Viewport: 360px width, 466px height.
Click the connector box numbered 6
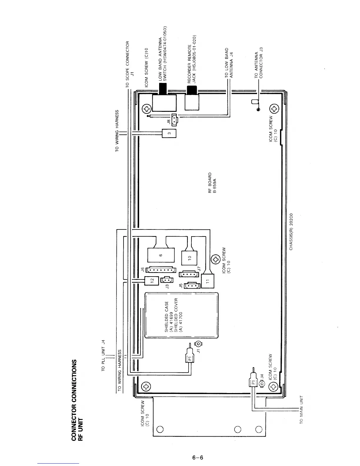[x=161, y=255]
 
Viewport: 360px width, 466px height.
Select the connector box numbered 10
[x=189, y=258]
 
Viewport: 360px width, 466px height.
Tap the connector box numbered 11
[x=208, y=281]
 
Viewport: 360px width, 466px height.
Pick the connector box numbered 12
[x=151, y=280]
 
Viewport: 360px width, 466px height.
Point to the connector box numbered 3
[x=169, y=133]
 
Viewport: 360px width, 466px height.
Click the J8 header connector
[x=174, y=120]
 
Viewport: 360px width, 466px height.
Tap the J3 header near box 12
[x=167, y=280]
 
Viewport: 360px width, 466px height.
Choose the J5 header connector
[x=192, y=285]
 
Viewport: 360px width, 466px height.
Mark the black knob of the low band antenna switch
[x=163, y=89]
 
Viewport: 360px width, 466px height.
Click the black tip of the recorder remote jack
[x=192, y=90]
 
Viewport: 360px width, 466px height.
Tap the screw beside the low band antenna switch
[x=147, y=109]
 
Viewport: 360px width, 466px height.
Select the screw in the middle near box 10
[x=216, y=260]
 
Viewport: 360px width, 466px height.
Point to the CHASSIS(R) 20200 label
[x=291, y=232]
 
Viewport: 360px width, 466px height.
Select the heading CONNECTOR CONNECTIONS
[x=74, y=400]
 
